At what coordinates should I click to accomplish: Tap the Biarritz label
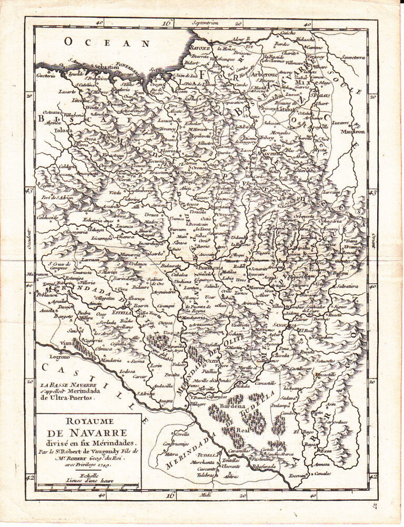200,56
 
